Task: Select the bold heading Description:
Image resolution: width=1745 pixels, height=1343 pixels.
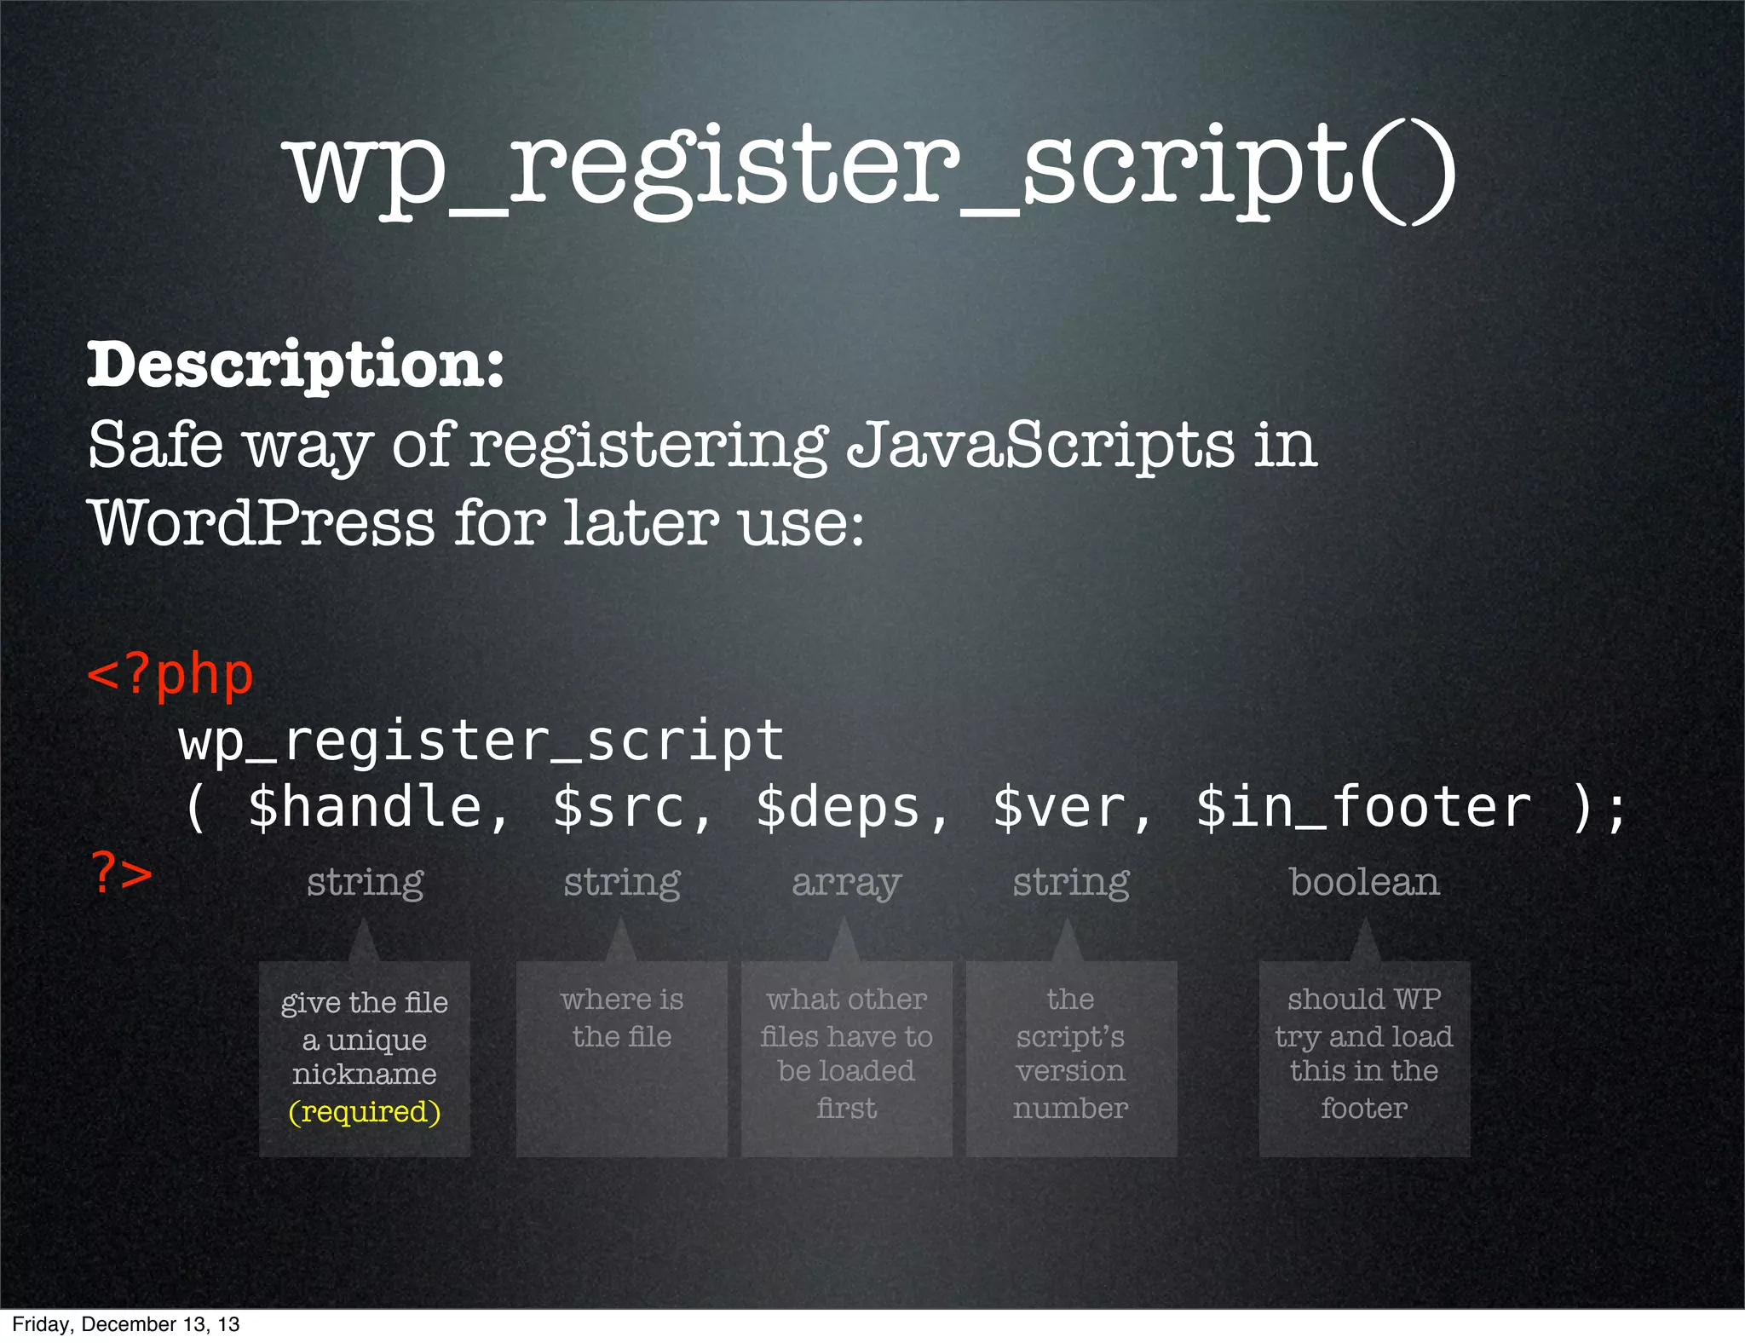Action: click(296, 365)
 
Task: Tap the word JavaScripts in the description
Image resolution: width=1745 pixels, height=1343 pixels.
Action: click(1040, 445)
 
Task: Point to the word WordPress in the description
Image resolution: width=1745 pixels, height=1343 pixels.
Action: click(262, 522)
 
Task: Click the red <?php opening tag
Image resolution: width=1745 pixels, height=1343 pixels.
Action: click(170, 675)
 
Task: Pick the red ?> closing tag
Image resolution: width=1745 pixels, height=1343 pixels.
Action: click(122, 873)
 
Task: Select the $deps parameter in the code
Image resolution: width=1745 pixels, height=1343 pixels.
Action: click(838, 807)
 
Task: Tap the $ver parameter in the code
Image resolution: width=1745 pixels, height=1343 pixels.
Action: click(1060, 807)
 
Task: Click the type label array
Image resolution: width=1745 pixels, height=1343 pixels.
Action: click(846, 882)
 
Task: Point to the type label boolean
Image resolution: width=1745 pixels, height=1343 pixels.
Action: click(1364, 882)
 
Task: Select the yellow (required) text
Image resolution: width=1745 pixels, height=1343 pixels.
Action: click(365, 1111)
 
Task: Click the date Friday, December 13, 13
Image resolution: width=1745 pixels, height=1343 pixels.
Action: click(126, 1324)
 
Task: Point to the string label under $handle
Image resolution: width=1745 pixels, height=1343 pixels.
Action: click(366, 882)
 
